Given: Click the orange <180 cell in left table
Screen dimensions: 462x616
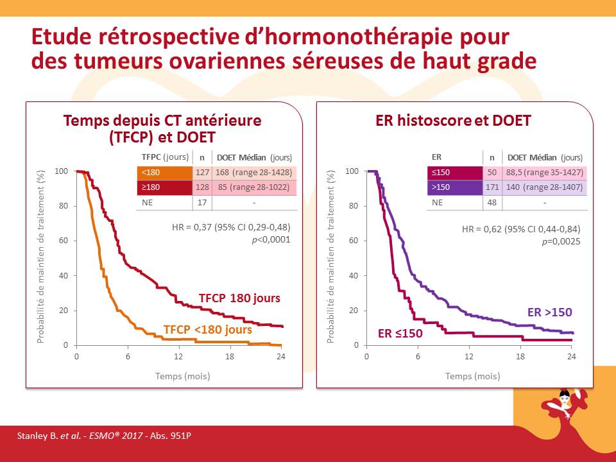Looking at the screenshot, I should (164, 173).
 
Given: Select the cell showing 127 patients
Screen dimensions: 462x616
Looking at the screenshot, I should (202, 173).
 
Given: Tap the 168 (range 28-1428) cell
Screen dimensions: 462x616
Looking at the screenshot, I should (255, 173).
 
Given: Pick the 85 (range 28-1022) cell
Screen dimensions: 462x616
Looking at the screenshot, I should (255, 187).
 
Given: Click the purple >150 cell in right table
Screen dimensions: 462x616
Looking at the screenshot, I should (454, 187).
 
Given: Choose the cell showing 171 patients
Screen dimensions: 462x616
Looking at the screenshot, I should (492, 187).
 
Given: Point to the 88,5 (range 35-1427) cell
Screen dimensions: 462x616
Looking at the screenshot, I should (545, 172).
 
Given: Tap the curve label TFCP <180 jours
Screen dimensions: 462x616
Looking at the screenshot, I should (207, 329).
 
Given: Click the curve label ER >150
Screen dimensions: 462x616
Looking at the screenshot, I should (549, 312).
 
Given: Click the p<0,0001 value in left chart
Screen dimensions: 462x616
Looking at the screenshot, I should (273, 240).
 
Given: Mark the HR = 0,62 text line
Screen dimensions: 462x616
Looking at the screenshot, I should (521, 228).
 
